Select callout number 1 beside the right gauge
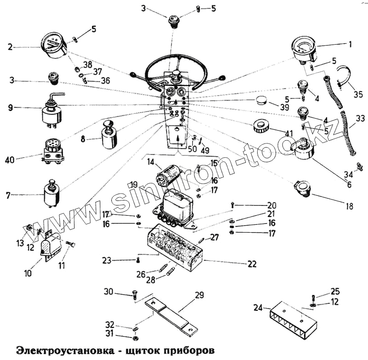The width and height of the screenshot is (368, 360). click(350, 45)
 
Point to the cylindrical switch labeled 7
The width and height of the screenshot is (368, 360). click(52, 194)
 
